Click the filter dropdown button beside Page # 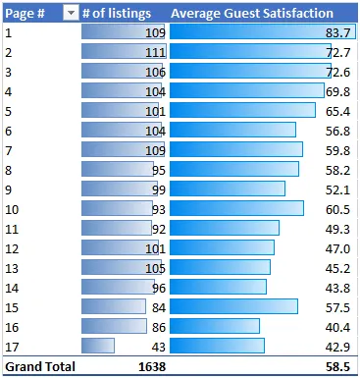70,13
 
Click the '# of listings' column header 116,13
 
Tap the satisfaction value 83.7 338,32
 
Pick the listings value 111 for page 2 154,52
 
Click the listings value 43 157,346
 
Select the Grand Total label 39,366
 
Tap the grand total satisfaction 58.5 338,366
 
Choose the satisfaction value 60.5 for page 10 338,208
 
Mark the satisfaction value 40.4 338,326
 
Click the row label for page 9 9,189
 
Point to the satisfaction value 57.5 338,306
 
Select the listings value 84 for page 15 157,306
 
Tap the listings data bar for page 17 98,346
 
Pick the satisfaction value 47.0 338,247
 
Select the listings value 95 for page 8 157,169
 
